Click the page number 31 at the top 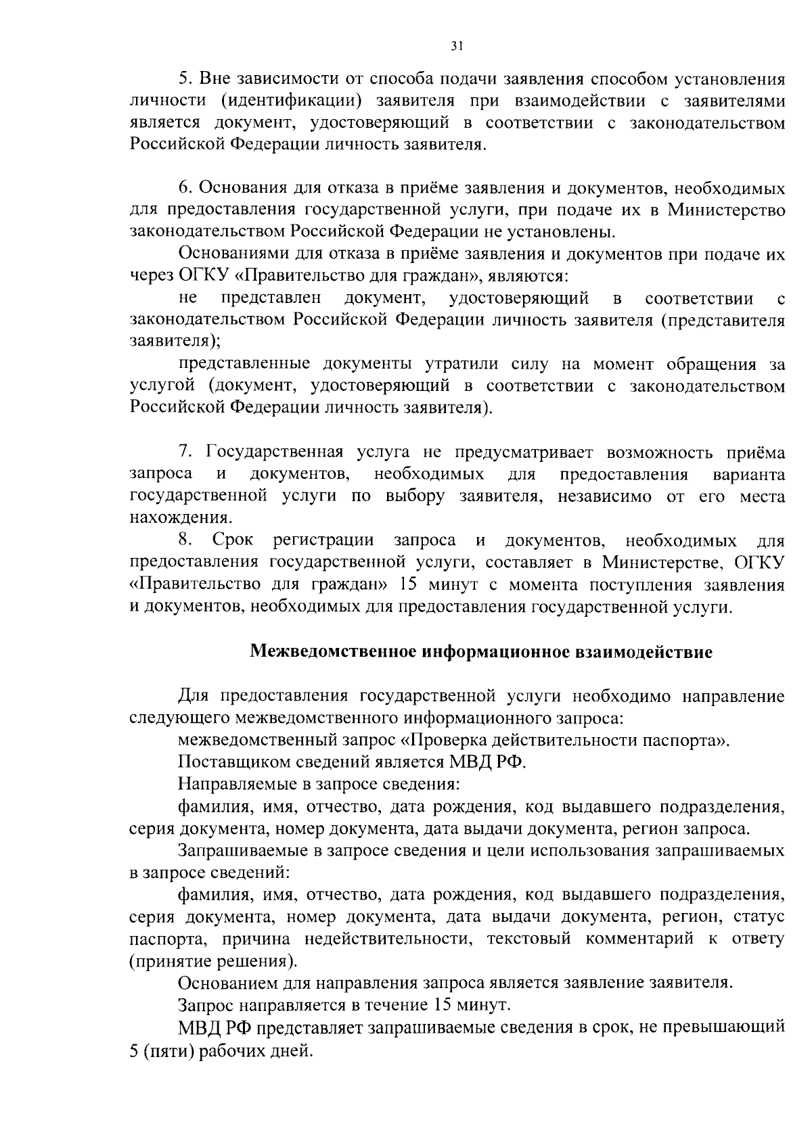point(457,46)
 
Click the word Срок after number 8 point(233,540)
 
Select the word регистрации point(323,540)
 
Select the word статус point(761,917)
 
